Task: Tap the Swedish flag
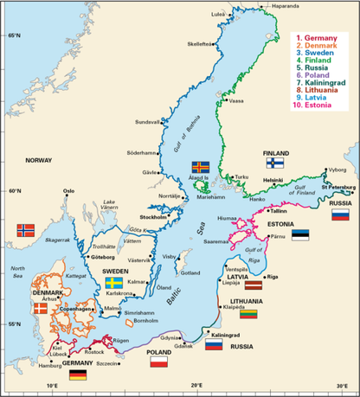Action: tap(113, 282)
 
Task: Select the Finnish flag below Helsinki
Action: tap(275, 162)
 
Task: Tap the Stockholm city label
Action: tap(153, 217)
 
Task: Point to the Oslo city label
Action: tap(68, 190)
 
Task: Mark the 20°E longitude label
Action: tap(196, 385)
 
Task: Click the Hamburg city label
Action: tap(51, 367)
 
